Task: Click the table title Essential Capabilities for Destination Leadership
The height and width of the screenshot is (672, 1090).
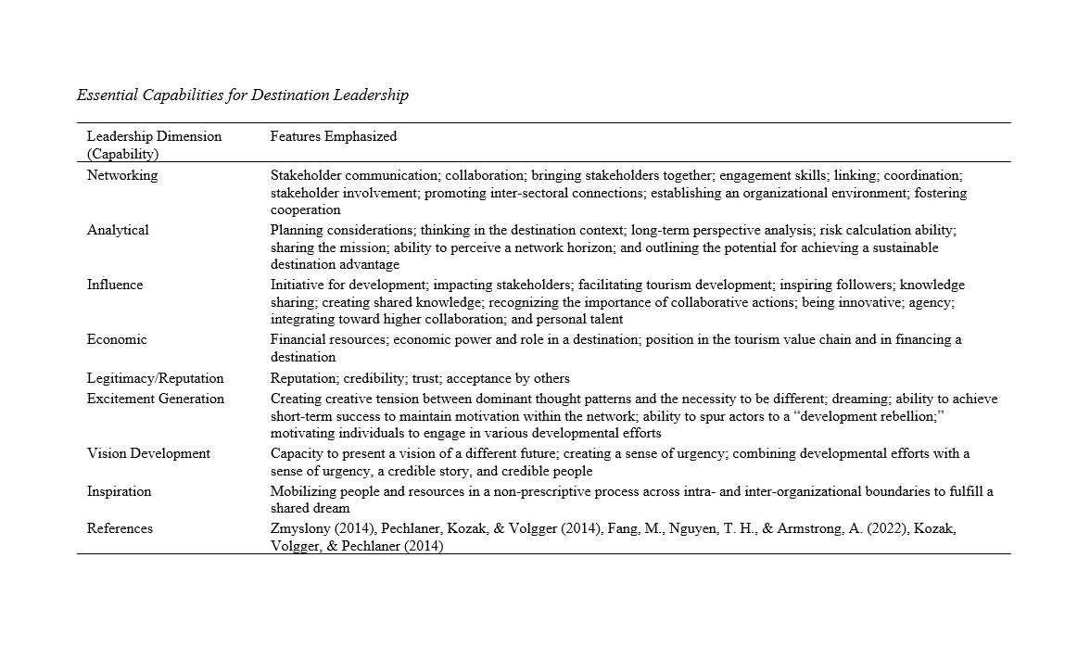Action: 242,95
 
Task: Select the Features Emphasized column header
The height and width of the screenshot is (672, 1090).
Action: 333,136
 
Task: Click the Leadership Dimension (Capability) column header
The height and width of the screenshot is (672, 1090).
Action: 154,145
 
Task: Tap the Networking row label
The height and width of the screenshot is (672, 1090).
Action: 122,175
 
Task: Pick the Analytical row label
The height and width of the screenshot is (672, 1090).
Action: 118,230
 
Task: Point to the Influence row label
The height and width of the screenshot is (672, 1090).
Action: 115,285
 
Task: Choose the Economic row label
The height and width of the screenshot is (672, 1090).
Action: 117,339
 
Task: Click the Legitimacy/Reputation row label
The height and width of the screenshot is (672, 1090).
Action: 156,378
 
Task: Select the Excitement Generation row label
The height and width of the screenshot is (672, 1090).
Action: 156,399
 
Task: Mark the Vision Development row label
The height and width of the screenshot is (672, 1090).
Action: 148,453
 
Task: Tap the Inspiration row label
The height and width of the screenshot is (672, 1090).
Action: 120,491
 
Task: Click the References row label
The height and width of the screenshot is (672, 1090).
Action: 120,528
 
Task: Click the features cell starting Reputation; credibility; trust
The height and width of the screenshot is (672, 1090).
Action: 420,378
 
